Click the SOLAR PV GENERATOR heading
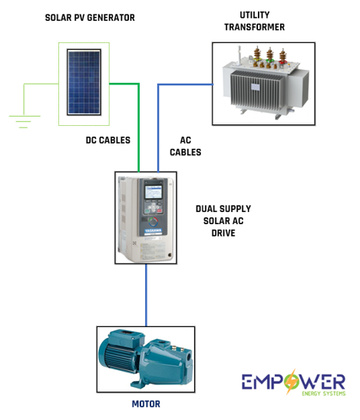(x=90, y=18)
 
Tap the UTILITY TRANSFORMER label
(x=255, y=21)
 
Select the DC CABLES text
(x=108, y=140)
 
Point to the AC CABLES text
(x=185, y=146)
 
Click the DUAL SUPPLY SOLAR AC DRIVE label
(x=223, y=221)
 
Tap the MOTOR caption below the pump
(x=146, y=404)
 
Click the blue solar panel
(x=84, y=82)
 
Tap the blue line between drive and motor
(x=147, y=295)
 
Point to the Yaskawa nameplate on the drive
(x=154, y=231)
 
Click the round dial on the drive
(x=154, y=222)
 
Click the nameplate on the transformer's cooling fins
(x=256, y=87)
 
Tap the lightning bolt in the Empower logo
(x=291, y=381)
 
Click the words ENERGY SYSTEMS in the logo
(x=324, y=393)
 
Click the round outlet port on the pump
(x=189, y=357)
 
